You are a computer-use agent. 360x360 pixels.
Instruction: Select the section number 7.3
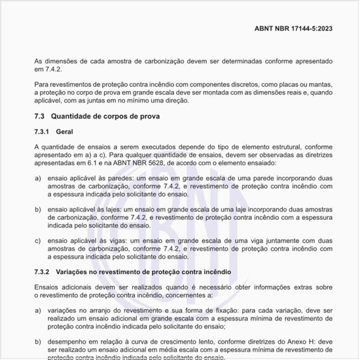pyautogui.click(x=39, y=116)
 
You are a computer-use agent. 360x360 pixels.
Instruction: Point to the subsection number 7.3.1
pyautogui.click(x=43, y=132)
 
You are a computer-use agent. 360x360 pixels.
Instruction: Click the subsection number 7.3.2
pyautogui.click(x=43, y=271)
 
